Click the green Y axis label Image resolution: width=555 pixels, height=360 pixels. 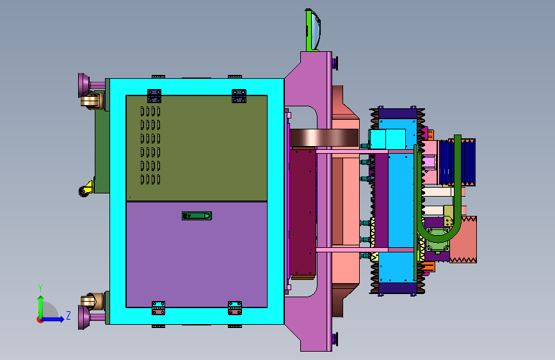click(40, 288)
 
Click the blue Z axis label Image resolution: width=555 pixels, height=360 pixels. click(68, 315)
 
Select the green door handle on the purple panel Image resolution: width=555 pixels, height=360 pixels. click(197, 216)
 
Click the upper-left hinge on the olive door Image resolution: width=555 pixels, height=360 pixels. click(154, 96)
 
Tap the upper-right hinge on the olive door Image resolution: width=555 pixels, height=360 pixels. click(239, 96)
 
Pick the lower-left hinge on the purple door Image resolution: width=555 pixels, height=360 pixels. click(158, 308)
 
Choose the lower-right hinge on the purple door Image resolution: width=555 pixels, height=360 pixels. click(235, 308)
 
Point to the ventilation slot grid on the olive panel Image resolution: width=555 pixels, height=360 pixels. click(150, 145)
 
